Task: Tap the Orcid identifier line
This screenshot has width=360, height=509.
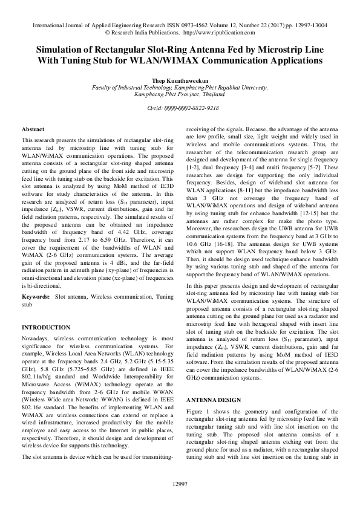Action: tap(179, 107)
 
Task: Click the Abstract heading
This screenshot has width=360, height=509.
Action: tap(33, 129)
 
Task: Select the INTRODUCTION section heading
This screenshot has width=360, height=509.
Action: tap(46, 327)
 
